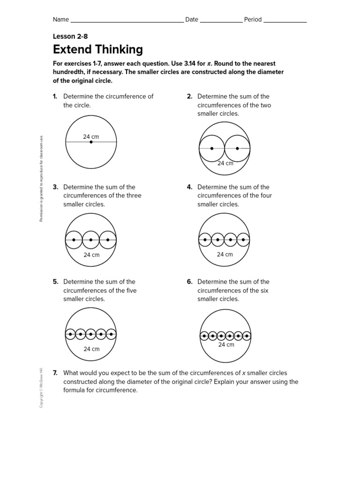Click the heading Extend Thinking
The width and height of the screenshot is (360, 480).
pos(98,50)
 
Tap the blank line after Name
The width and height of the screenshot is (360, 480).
pos(127,20)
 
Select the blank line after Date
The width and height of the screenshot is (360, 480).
pos(221,20)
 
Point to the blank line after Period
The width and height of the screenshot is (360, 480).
pos(285,20)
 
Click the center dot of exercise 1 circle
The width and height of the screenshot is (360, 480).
pos(91,142)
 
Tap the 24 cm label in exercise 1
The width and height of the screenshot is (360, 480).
pos(91,136)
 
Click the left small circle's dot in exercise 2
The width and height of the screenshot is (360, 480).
pos(212,149)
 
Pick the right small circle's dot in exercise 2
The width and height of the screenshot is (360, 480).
pos(237,149)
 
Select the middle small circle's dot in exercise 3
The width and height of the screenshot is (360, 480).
pos(91,240)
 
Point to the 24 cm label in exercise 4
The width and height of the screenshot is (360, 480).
pos(225,255)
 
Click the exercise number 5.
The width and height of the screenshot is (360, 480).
pos(55,282)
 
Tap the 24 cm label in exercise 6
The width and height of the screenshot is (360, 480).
pos(226,345)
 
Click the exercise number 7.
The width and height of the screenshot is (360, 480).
pos(55,373)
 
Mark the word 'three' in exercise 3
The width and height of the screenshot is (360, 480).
pos(133,195)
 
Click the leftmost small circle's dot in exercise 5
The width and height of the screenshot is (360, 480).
pos(70,334)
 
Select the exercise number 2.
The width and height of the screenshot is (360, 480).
pos(189,97)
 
